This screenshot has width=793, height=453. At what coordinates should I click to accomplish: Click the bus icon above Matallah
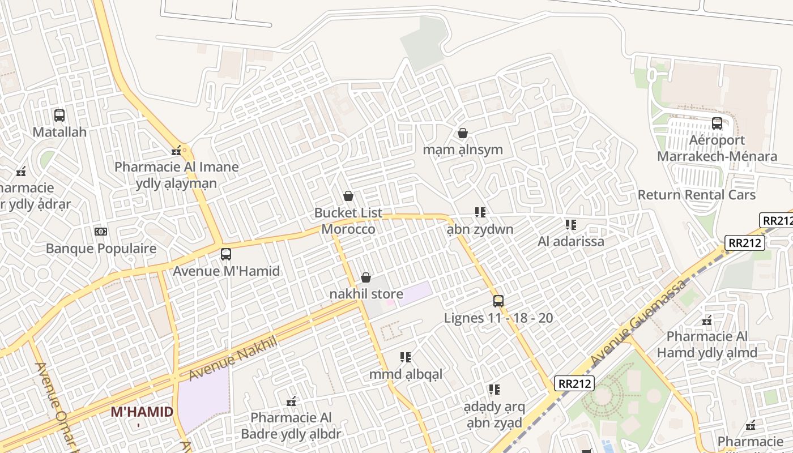point(59,116)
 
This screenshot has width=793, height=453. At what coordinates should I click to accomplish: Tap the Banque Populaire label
point(101,249)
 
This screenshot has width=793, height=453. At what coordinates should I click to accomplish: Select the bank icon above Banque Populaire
point(101,232)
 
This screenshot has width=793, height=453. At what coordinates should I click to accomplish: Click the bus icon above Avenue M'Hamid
point(226,254)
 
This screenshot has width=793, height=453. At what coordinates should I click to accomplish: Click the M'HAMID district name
point(142,412)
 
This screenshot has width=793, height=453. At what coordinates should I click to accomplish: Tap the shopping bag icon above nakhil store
point(366,277)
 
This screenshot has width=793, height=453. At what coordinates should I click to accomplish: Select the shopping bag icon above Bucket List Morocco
point(348,196)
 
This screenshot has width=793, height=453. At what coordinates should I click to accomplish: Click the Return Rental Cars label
point(696,195)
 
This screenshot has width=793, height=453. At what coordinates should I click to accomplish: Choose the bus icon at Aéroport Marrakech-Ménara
point(717,123)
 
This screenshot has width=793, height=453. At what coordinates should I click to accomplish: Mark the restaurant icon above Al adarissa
point(570,225)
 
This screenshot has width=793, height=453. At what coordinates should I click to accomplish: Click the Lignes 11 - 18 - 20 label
point(498,318)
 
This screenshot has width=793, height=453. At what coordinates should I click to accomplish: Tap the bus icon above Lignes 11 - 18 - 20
point(498,301)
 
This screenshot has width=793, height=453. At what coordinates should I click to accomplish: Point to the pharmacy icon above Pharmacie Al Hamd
point(707,320)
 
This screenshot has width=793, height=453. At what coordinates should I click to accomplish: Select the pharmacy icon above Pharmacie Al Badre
point(291,401)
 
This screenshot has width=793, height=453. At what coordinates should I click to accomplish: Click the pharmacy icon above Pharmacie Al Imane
point(177,151)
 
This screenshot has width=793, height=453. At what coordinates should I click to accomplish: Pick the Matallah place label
point(59,132)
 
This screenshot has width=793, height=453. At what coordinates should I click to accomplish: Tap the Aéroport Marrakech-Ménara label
point(717,148)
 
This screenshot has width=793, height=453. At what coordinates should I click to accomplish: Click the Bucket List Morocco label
point(348,221)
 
